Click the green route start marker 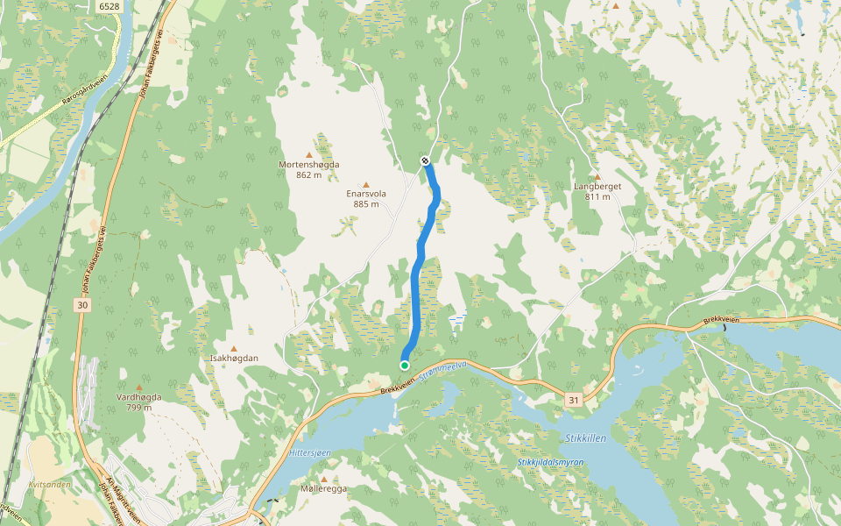[x=405, y=365]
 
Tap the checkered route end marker [x=425, y=160]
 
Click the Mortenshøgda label [x=308, y=165]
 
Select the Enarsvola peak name [x=366, y=194]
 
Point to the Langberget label [x=597, y=187]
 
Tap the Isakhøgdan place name [x=234, y=359]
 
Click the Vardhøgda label [x=138, y=397]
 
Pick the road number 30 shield [x=82, y=305]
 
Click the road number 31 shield [x=573, y=400]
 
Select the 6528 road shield [x=109, y=6]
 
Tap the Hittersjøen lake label [x=309, y=452]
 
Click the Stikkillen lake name [x=582, y=437]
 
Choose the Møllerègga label [x=323, y=488]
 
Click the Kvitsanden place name [x=49, y=483]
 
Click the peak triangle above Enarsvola [x=366, y=184]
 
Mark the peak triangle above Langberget [x=597, y=177]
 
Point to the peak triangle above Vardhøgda [x=138, y=387]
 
